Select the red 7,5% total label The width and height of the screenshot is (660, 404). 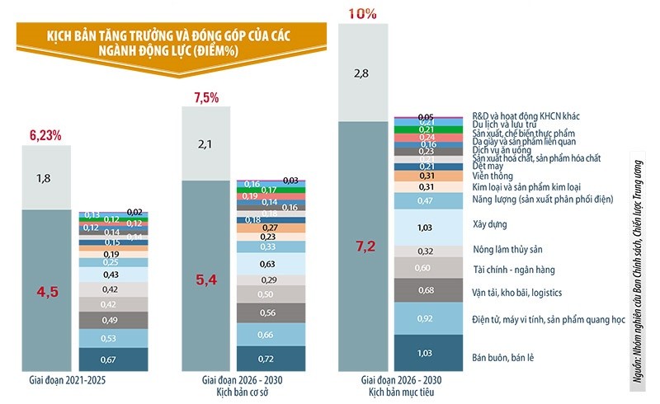tap(205, 98)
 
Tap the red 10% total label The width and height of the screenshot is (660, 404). tap(363, 13)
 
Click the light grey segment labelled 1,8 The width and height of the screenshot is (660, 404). tap(44, 178)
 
